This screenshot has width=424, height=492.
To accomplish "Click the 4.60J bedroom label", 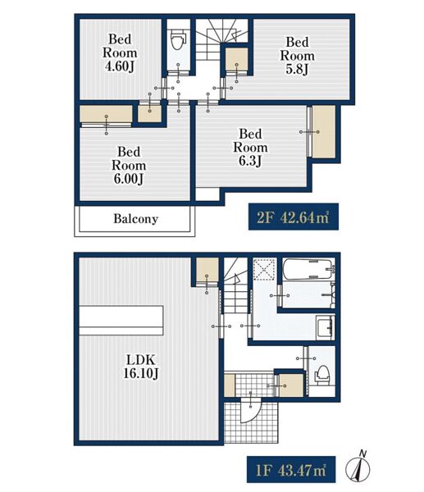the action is coord(120,52).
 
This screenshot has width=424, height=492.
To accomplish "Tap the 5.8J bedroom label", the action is coord(297,55).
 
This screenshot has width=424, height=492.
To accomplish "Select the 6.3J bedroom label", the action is coord(250,147).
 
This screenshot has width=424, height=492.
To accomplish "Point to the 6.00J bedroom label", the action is coord(129,165).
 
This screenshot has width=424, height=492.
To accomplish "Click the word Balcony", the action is coord(135,219).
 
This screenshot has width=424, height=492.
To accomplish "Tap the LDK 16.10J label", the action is coord(140,367).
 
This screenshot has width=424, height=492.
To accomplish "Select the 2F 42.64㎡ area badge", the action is coord(293,216).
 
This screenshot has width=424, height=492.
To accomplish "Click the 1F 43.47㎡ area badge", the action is coord(291,469).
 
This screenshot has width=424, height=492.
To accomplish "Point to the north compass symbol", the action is coord(358,467).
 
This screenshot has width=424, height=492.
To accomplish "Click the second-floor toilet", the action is coord(178,40).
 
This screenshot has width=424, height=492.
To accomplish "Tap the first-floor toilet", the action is coord(321,376).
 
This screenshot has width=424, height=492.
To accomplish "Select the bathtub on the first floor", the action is coord(308,269).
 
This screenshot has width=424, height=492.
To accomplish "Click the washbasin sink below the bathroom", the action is coord(325,328).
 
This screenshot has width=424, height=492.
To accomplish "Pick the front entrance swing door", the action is coord(251,411).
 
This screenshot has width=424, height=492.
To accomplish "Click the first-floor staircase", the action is coord(235,285).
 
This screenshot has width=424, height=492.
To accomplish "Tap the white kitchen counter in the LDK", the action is coord(121,321).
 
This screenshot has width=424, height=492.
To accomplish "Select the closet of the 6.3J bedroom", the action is coord(324,132).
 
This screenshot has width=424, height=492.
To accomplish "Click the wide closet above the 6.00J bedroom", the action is coord(106,114).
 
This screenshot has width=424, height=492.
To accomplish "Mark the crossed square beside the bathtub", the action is coord(264,270).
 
